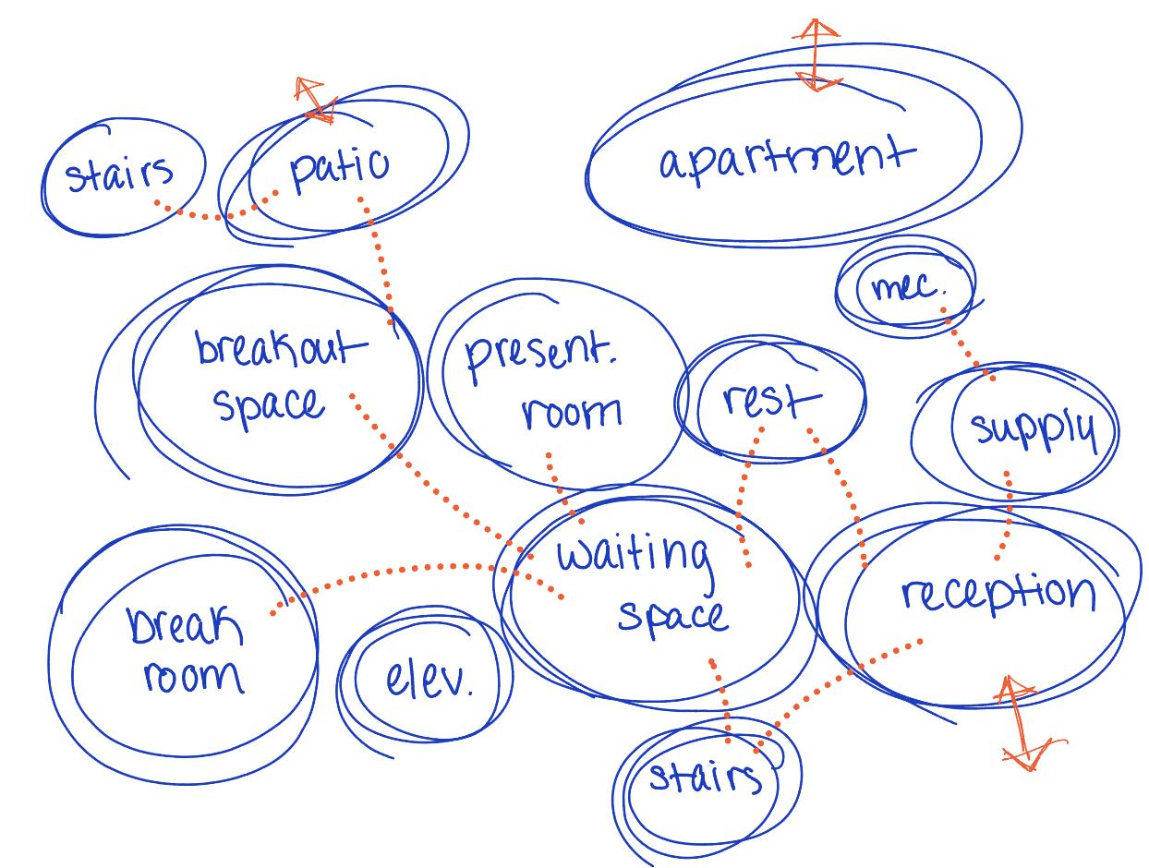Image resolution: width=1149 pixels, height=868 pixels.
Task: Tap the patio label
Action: [x=339, y=168]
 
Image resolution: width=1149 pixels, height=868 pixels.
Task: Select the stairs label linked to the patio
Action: [x=120, y=174]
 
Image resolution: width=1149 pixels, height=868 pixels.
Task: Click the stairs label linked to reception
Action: [x=706, y=777]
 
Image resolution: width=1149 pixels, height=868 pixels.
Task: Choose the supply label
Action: [x=1033, y=429]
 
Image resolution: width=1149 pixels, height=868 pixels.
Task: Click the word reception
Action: [x=998, y=594]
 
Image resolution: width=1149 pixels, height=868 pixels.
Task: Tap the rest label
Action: [x=770, y=401]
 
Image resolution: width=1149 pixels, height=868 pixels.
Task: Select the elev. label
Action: [x=429, y=681]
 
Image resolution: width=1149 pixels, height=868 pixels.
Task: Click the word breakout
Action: [x=279, y=349]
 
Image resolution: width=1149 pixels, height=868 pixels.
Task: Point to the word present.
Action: [x=539, y=356]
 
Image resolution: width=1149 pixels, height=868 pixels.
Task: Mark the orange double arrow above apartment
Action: [x=816, y=55]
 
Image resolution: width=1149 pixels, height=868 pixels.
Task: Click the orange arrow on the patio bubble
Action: [x=312, y=100]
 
